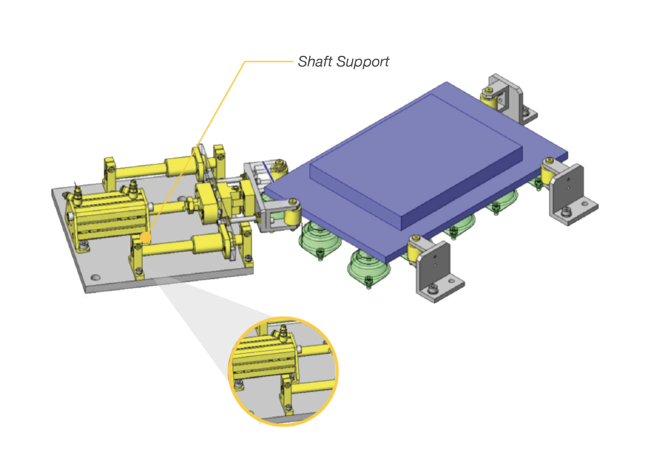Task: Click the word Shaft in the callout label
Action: tap(313, 62)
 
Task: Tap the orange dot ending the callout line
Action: tap(146, 238)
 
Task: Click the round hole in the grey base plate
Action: tap(95, 278)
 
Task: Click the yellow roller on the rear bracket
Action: tap(489, 99)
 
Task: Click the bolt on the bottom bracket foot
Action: tap(434, 290)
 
